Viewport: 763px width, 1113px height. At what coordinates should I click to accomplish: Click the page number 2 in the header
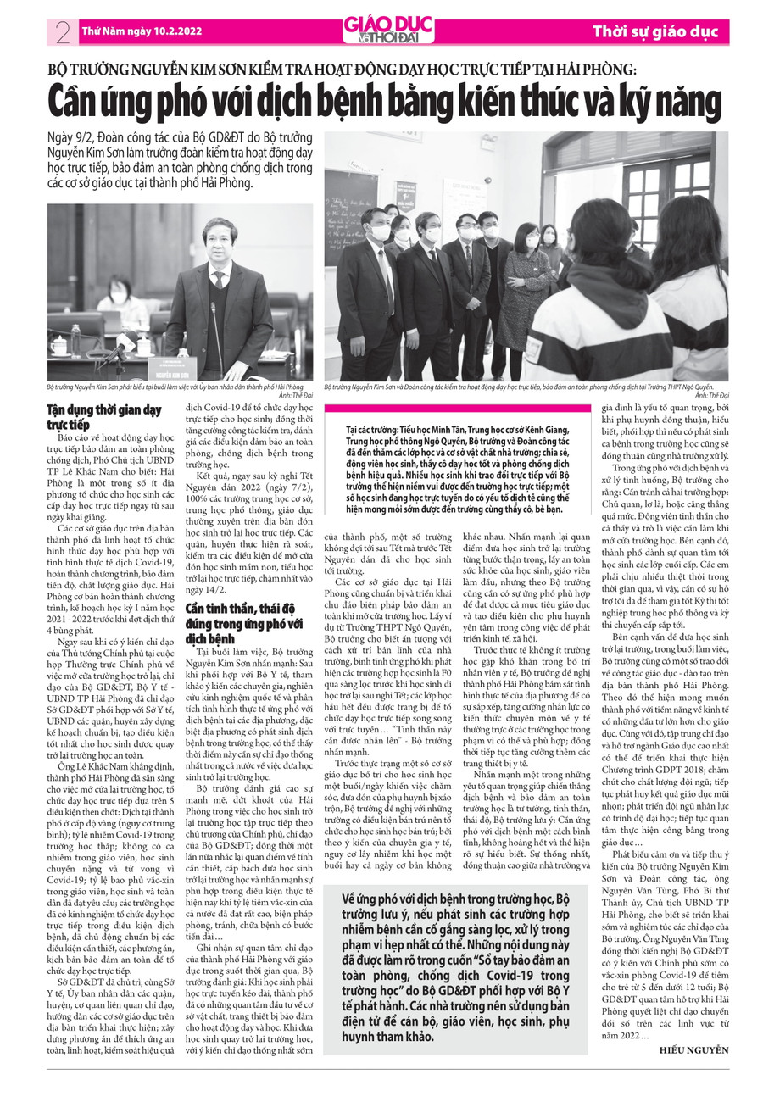pos(61,32)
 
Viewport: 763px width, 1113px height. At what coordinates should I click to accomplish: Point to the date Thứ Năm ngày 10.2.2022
pos(141,31)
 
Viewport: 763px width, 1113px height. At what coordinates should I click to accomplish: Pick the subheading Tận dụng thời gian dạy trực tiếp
pos(103,417)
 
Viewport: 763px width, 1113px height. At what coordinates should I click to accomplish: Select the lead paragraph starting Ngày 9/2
pos(180,159)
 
